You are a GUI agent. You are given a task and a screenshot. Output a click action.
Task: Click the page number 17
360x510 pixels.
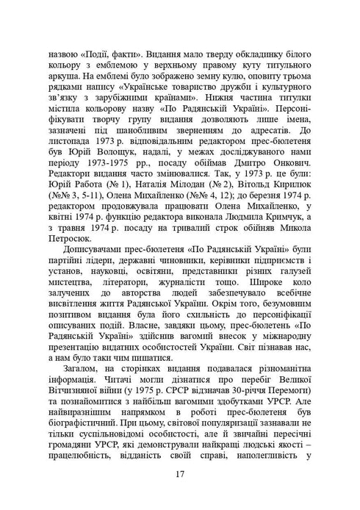[180, 474]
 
